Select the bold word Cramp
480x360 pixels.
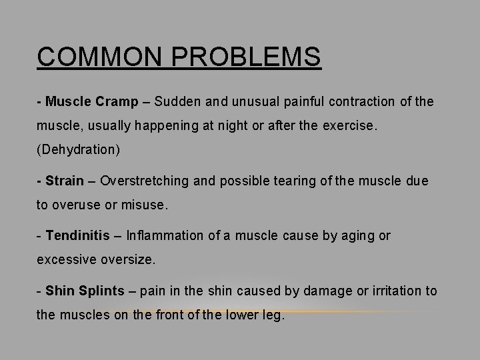click(x=117, y=102)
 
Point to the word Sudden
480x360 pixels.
click(x=178, y=102)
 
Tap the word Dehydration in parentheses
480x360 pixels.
click(x=78, y=149)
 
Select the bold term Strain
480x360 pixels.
click(x=65, y=181)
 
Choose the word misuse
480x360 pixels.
click(x=145, y=205)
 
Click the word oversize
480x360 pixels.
click(x=127, y=259)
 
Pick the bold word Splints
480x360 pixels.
click(x=101, y=291)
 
